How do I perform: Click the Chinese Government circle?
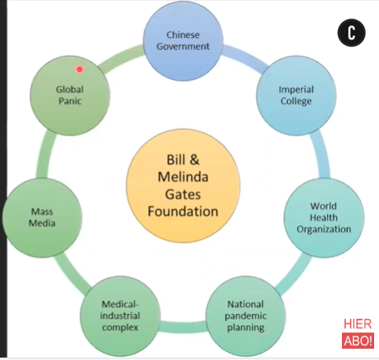coord(183,41)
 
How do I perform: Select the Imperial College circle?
coord(296,95)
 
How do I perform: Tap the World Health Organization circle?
coord(324,218)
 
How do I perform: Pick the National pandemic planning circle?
coord(246,316)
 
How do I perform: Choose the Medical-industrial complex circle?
coord(120,316)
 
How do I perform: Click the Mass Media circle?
coord(42,218)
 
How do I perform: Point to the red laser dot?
coord(79,69)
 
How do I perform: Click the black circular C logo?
coord(352,33)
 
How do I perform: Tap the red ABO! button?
coord(358,341)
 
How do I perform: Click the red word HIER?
coord(358,324)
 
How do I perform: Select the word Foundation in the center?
coord(183,211)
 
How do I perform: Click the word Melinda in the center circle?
coord(183,177)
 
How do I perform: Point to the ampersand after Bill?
coord(194,160)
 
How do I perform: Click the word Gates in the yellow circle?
coord(183,195)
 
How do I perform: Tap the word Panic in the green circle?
coord(70,101)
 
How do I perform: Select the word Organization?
coord(324,229)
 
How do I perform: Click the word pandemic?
coord(246,316)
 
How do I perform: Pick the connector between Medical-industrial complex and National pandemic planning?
coord(183,325)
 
